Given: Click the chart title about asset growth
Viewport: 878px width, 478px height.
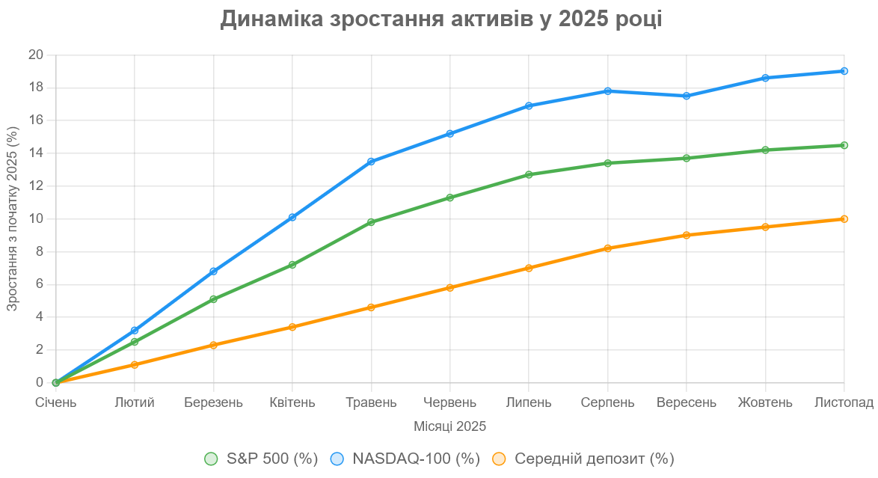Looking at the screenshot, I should click(440, 19).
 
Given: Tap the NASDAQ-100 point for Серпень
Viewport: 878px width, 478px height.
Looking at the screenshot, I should click(608, 91).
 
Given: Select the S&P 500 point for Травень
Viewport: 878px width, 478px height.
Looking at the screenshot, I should click(371, 222).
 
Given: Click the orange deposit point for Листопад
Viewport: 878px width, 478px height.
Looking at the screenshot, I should click(844, 219).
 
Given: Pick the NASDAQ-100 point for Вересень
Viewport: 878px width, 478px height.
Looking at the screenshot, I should click(687, 96).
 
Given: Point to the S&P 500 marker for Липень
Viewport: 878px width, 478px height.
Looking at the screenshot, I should click(529, 174).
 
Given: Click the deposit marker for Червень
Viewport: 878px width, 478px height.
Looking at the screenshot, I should click(450, 287).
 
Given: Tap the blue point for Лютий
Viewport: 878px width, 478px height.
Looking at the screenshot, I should click(135, 330).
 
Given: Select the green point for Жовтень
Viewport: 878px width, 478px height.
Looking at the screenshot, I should click(765, 150).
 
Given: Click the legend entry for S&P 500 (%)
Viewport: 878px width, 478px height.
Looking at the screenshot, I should click(261, 459).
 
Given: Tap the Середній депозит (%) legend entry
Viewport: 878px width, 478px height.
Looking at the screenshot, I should click(583, 459).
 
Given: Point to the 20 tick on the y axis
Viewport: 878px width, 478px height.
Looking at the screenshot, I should click(36, 55).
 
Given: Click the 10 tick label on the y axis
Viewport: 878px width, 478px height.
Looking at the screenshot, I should click(36, 218).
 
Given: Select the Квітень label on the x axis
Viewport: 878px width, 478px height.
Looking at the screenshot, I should click(292, 402).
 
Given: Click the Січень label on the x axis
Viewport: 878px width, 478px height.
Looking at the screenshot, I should click(56, 402).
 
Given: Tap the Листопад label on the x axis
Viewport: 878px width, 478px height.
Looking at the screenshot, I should click(844, 402).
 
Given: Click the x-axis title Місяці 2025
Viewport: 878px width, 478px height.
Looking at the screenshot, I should click(449, 426).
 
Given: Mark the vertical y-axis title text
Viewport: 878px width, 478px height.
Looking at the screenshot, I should click(12, 218).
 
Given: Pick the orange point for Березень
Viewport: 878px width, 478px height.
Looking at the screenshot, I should click(213, 345).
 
